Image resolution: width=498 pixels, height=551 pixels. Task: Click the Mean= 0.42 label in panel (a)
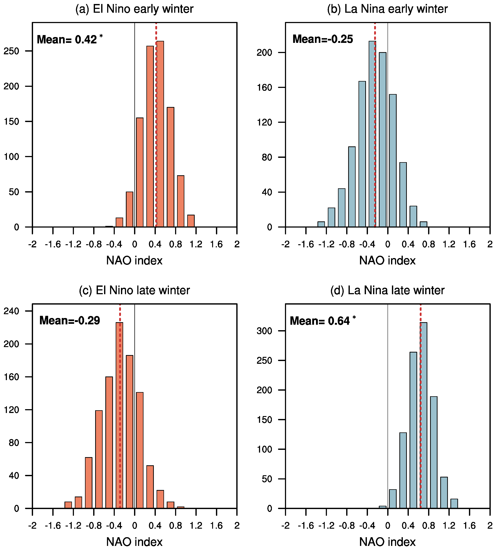pos(67,40)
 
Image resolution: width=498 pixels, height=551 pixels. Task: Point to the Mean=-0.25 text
pos(323,39)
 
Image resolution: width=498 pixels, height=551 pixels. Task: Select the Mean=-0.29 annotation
pos(70,320)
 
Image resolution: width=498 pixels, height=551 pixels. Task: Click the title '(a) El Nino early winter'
pos(134,9)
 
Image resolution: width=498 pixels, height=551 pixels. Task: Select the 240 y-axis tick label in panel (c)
pos(11,311)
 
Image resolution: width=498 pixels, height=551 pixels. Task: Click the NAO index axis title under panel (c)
pos(134,542)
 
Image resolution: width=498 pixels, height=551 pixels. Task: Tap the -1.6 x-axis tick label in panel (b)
pos(306,244)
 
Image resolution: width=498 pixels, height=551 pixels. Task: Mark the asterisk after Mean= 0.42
pos(101,36)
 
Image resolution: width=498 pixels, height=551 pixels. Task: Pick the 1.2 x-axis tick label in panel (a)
pos(196,244)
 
